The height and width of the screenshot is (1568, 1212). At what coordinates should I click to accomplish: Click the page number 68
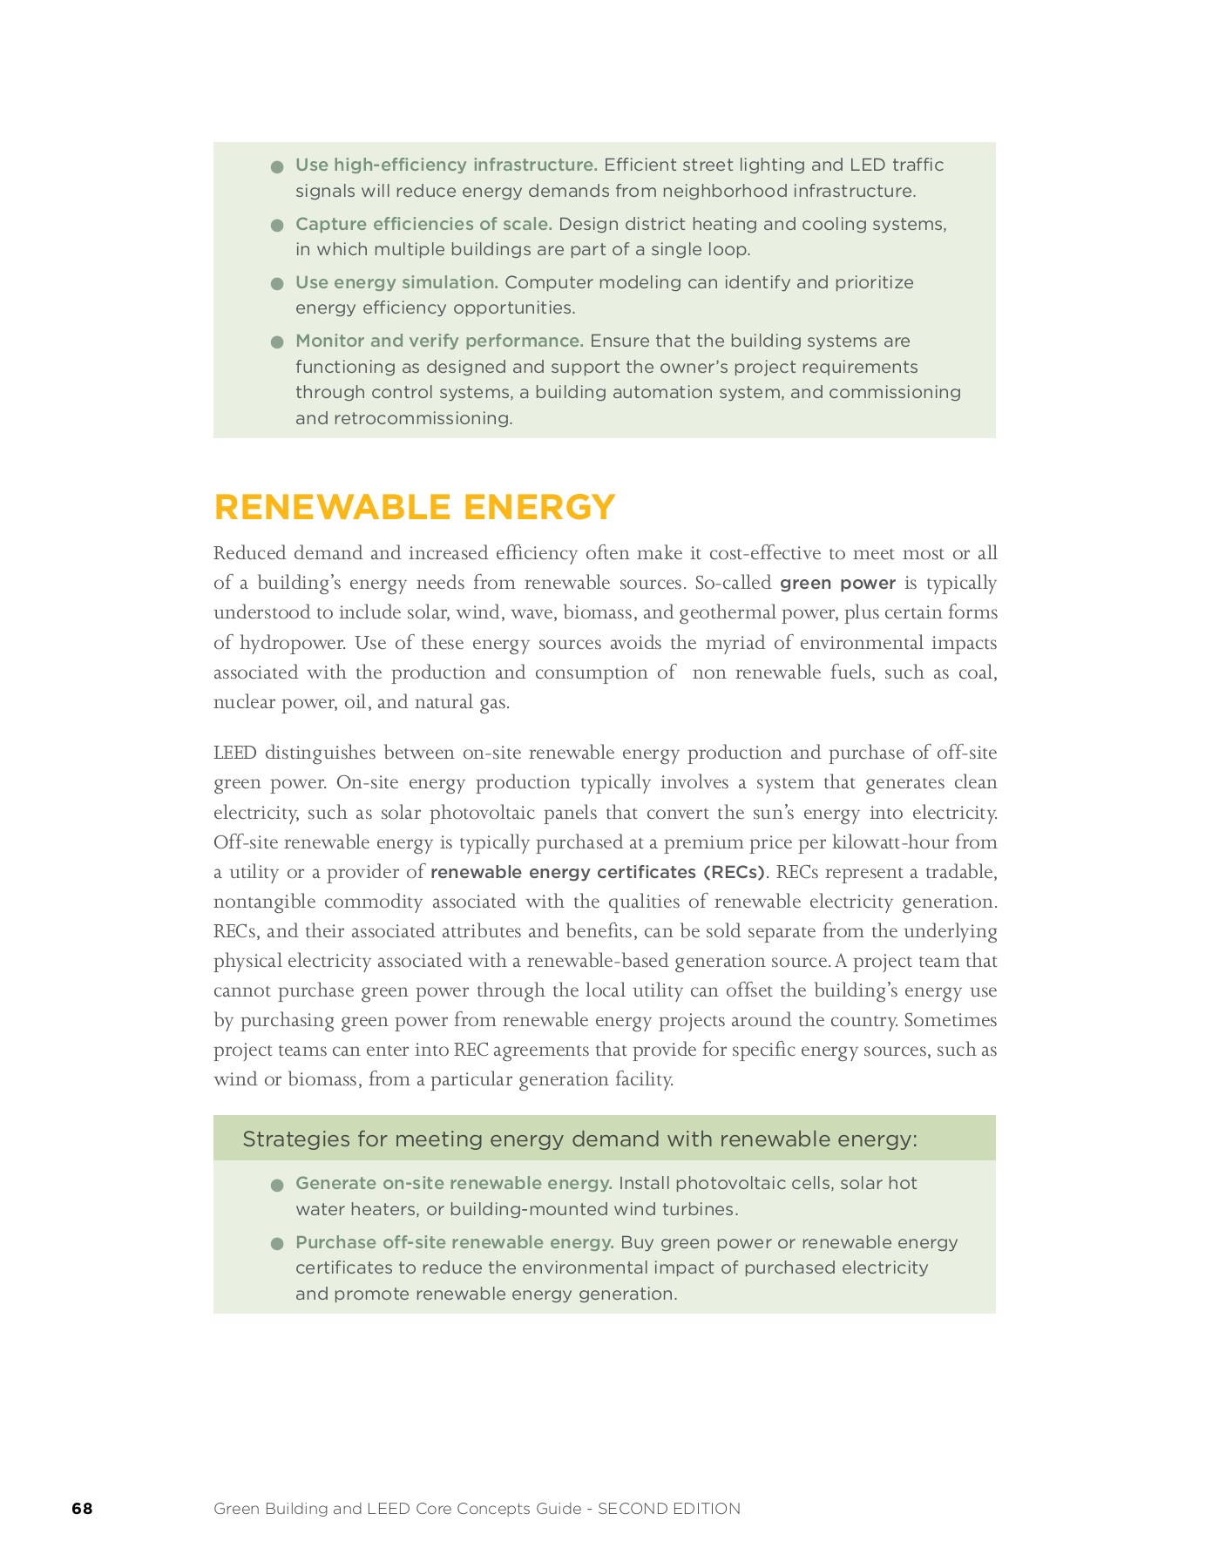click(x=82, y=1508)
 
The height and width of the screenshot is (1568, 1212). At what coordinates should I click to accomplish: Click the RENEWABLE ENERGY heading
click(x=415, y=507)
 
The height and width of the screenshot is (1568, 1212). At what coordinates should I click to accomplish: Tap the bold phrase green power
click(x=837, y=583)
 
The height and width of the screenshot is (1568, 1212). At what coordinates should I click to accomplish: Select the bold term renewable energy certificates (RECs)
click(x=597, y=872)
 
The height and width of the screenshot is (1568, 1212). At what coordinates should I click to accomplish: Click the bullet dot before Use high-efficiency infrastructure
click(x=278, y=166)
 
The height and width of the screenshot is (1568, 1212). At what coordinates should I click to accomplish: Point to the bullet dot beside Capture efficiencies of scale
click(x=278, y=225)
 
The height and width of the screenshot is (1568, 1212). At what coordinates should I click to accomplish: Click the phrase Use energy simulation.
click(x=396, y=282)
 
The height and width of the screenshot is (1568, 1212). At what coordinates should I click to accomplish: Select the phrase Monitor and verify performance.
click(x=439, y=341)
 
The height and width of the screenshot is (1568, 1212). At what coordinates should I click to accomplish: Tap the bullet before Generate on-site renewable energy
click(x=278, y=1185)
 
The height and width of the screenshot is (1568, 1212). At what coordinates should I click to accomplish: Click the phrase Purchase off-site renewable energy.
click(x=454, y=1242)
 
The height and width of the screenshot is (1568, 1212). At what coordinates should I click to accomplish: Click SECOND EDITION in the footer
click(x=669, y=1509)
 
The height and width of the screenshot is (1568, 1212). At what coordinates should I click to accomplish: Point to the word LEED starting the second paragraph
click(x=234, y=753)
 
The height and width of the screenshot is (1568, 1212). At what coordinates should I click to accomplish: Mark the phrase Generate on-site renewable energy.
click(x=453, y=1183)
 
